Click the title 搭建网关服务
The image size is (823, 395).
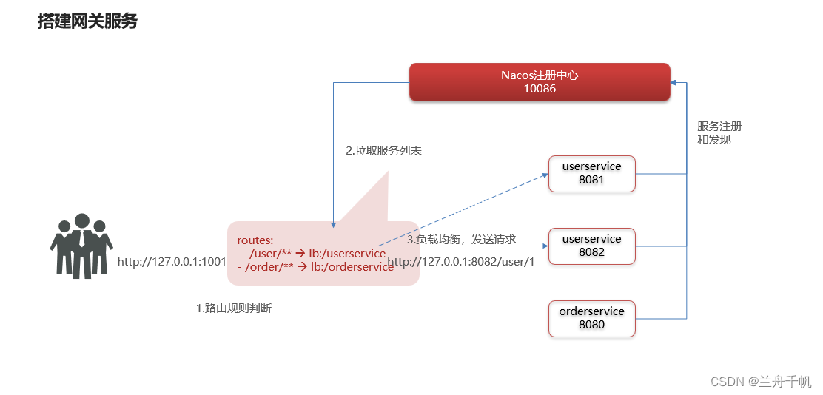coord(87,21)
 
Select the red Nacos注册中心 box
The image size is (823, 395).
coord(540,81)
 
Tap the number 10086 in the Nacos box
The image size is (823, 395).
coord(540,89)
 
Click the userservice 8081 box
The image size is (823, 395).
coord(591,173)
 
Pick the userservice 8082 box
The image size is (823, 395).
coord(591,246)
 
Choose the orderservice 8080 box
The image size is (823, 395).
coord(591,318)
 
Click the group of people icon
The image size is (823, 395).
coord(81,246)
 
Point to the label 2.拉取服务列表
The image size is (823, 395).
coord(383,150)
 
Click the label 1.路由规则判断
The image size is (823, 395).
coord(234,308)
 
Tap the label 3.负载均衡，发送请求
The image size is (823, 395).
coord(461,239)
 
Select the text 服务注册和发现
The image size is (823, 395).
coord(714,132)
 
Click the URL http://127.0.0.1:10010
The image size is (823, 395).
coord(172,261)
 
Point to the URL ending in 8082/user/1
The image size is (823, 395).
coord(460,261)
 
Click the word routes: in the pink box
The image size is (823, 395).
coord(255,240)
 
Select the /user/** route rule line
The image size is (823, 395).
coord(312,254)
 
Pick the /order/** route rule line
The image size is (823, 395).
coord(315,267)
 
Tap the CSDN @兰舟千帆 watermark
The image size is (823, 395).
coord(761,381)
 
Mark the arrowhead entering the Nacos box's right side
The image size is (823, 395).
coord(674,81)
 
